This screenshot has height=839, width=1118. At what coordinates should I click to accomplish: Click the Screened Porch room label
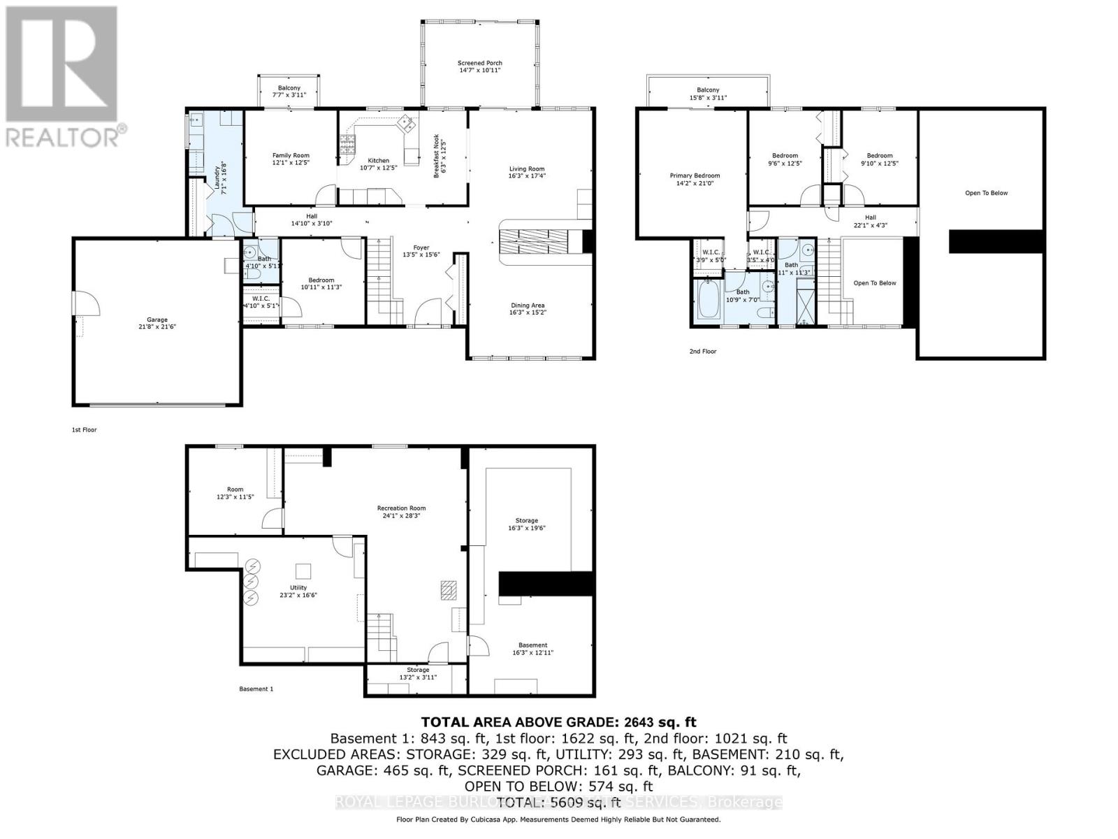[x=480, y=63]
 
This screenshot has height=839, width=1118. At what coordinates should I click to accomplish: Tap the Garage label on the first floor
[x=157, y=320]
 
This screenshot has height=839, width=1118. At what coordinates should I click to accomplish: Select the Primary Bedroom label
[x=694, y=175]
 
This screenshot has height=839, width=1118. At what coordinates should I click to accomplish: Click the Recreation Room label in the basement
[x=401, y=508]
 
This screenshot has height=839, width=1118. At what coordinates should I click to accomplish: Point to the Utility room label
[x=298, y=587]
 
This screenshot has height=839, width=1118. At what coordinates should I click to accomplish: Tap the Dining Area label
[x=528, y=305]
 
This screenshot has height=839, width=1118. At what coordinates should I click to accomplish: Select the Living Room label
[x=526, y=168]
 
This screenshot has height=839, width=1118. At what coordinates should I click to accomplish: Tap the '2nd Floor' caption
[x=703, y=351]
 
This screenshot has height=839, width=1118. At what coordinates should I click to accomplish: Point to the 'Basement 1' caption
[x=256, y=689]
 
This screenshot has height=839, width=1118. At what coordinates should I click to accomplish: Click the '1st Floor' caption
[x=84, y=429]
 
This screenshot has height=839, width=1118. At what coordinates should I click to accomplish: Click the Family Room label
[x=291, y=155]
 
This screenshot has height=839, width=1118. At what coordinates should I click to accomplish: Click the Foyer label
[x=421, y=248]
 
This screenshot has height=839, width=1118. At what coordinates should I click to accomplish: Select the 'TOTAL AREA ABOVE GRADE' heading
[x=558, y=722]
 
